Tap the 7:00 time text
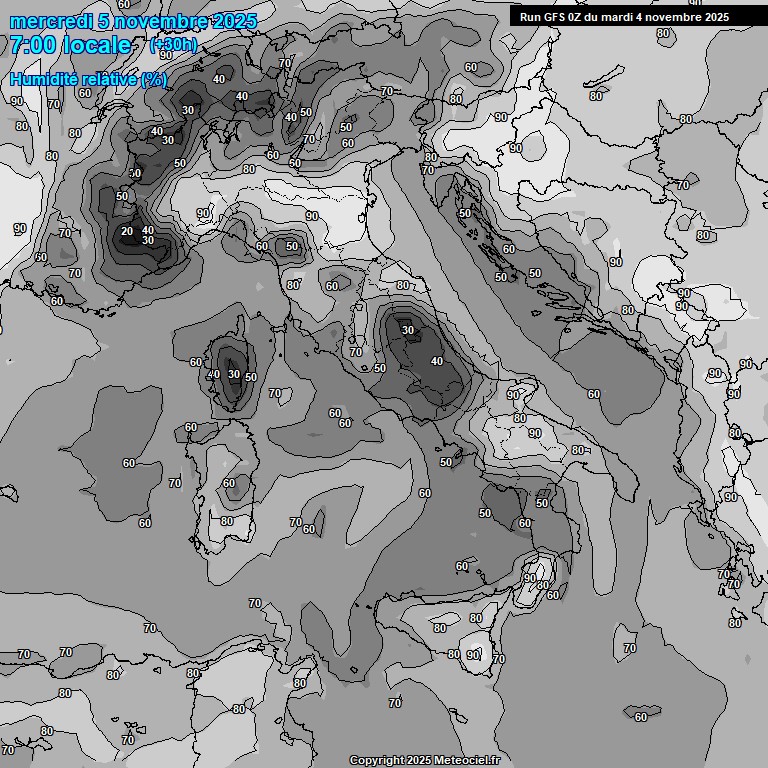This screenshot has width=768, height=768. pyautogui.click(x=31, y=45)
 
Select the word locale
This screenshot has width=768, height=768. pyautogui.click(x=97, y=45)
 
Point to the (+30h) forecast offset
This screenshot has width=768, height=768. pyautogui.click(x=173, y=44)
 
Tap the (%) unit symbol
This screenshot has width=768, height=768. pyautogui.click(x=153, y=79)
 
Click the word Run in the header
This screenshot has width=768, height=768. pyautogui.click(x=530, y=17)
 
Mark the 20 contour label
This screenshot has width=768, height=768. pyautogui.click(x=127, y=231)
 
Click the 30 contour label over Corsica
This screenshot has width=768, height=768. pyautogui.click(x=233, y=374)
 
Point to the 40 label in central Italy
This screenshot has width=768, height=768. pyautogui.click(x=436, y=361)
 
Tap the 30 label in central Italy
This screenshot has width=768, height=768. pyautogui.click(x=407, y=330)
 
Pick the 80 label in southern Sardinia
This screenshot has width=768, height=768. pyautogui.click(x=227, y=521)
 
